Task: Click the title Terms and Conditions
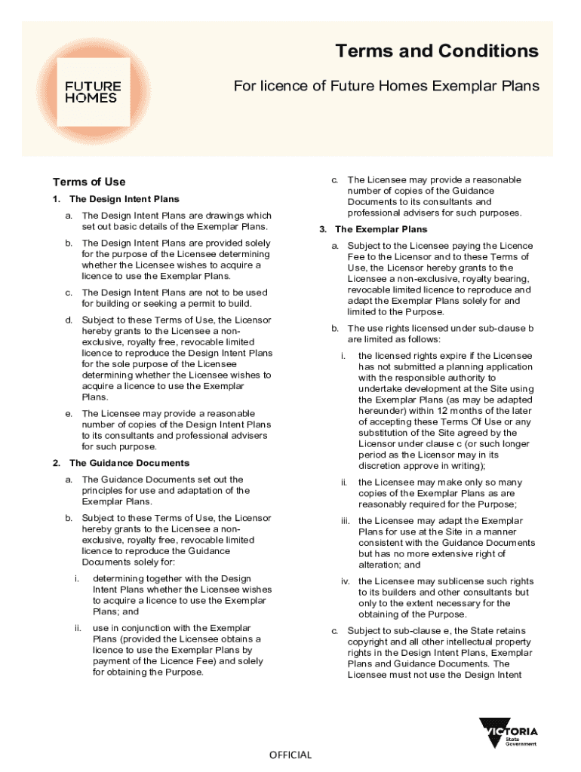[437, 51]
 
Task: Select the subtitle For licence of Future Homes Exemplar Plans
[386, 86]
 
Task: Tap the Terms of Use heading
[89, 182]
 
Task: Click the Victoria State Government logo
[509, 733]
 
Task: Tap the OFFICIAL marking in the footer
[290, 755]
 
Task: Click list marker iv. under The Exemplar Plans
[345, 581]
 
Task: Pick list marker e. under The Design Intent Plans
[69, 413]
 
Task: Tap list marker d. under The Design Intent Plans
[69, 320]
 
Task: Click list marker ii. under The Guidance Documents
[78, 628]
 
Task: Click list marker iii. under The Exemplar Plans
[345, 521]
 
